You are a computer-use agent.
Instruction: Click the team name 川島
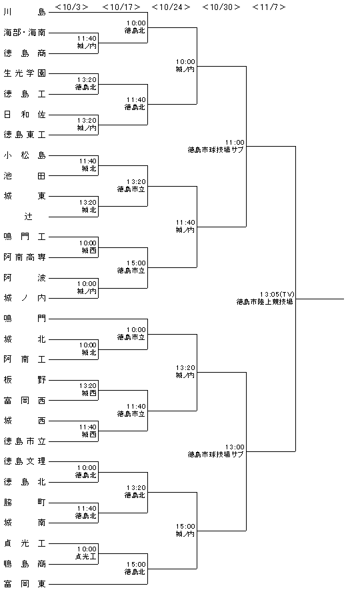25,12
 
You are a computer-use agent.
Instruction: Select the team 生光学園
25,73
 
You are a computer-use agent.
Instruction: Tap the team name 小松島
25,155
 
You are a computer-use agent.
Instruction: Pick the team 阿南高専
25,257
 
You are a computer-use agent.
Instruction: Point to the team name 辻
29,216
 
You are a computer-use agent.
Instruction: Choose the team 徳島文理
25,461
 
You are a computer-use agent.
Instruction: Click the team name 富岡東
25,584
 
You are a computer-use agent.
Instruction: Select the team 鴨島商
25,564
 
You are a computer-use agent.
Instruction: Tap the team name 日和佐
25,114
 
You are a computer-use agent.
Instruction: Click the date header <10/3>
72,7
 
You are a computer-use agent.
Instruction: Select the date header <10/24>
171,7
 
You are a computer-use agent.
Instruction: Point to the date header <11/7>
269,7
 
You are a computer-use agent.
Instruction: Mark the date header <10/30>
221,7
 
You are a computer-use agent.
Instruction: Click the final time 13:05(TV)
277,294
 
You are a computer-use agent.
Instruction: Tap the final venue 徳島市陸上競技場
265,302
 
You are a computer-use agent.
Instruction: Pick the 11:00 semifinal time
235,143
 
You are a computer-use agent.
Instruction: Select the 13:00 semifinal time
235,447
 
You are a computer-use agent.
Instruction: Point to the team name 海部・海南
25,33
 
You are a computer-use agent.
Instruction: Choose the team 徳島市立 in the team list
25,441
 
